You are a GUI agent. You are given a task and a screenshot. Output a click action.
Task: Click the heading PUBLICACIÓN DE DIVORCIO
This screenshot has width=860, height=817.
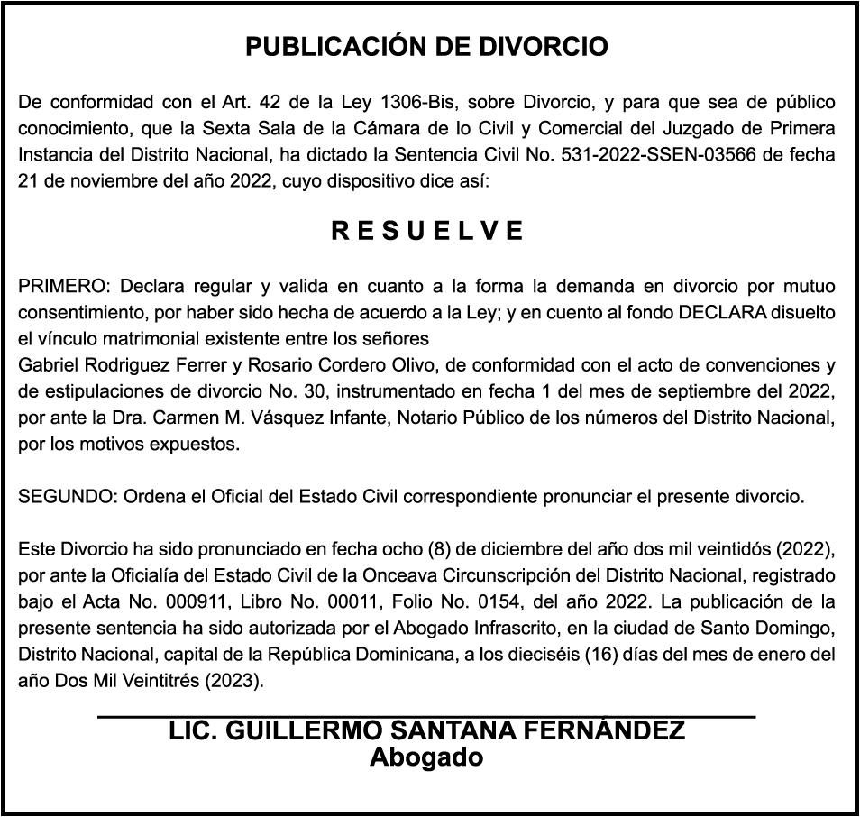pos(427,47)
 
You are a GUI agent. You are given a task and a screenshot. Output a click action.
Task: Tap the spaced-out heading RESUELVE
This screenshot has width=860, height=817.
pos(428,232)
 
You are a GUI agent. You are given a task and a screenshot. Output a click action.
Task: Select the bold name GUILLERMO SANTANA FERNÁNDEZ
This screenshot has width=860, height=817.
pos(455,731)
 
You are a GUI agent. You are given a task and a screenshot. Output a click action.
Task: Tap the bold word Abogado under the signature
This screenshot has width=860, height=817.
pos(426,757)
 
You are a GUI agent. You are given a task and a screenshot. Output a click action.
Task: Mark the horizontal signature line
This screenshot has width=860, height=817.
pos(426,716)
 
